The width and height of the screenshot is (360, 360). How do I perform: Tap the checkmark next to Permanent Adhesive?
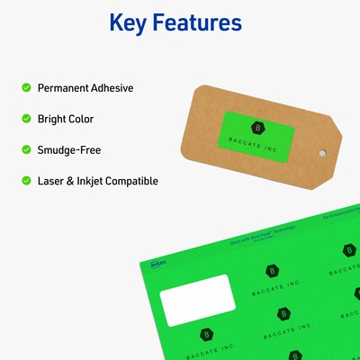[x=26, y=88]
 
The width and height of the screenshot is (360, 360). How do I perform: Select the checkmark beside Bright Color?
[x=26, y=119]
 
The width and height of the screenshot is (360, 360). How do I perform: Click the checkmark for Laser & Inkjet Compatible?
[x=26, y=181]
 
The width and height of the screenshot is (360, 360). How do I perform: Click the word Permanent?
[x=65, y=88]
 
